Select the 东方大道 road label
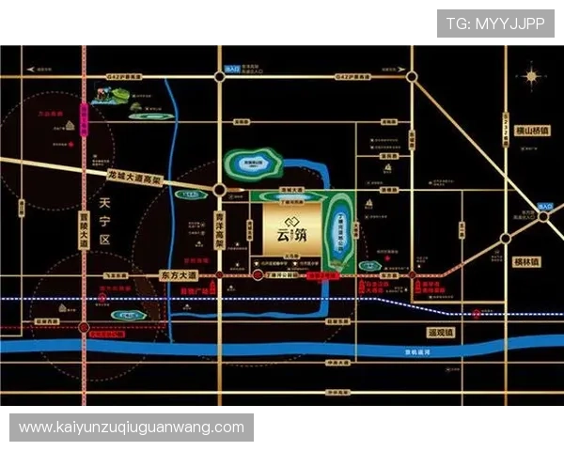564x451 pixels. tap(174, 275)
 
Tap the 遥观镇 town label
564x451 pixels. tap(439, 333)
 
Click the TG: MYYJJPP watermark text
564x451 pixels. tap(495, 23)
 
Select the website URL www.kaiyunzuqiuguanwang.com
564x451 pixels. tap(132, 428)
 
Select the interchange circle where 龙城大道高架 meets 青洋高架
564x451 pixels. tap(219, 190)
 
